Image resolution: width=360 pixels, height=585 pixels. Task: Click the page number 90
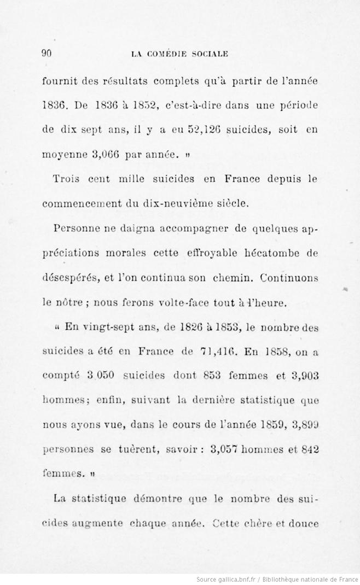47,53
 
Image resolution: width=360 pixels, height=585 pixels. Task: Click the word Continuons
289,277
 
